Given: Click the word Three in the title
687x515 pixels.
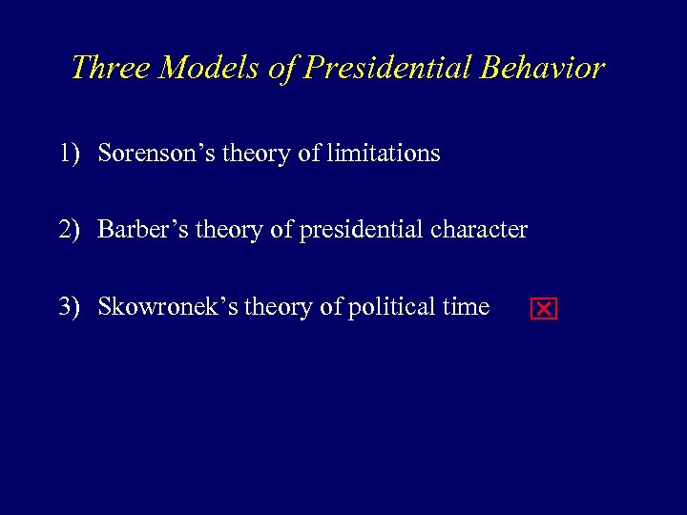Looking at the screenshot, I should [108, 68].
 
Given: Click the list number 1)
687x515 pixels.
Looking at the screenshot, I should [69, 153].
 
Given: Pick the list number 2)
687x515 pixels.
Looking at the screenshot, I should [69, 230].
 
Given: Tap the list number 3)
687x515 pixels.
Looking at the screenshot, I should [69, 307].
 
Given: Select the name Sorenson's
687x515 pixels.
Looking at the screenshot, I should [156, 153].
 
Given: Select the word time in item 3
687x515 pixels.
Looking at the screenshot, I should [467, 307].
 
